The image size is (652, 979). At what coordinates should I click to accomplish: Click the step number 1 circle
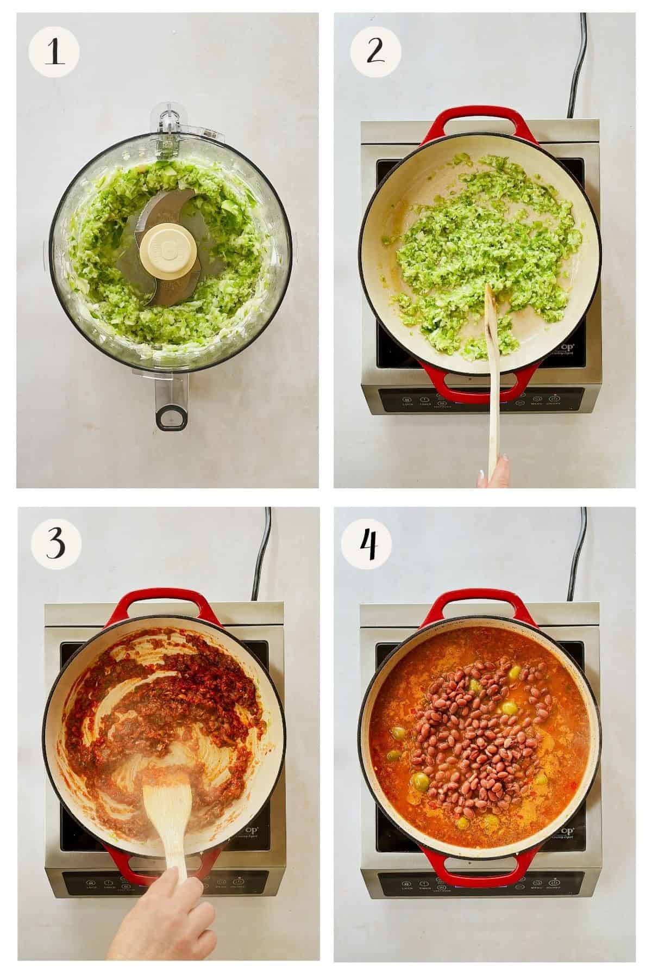click(x=54, y=54)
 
